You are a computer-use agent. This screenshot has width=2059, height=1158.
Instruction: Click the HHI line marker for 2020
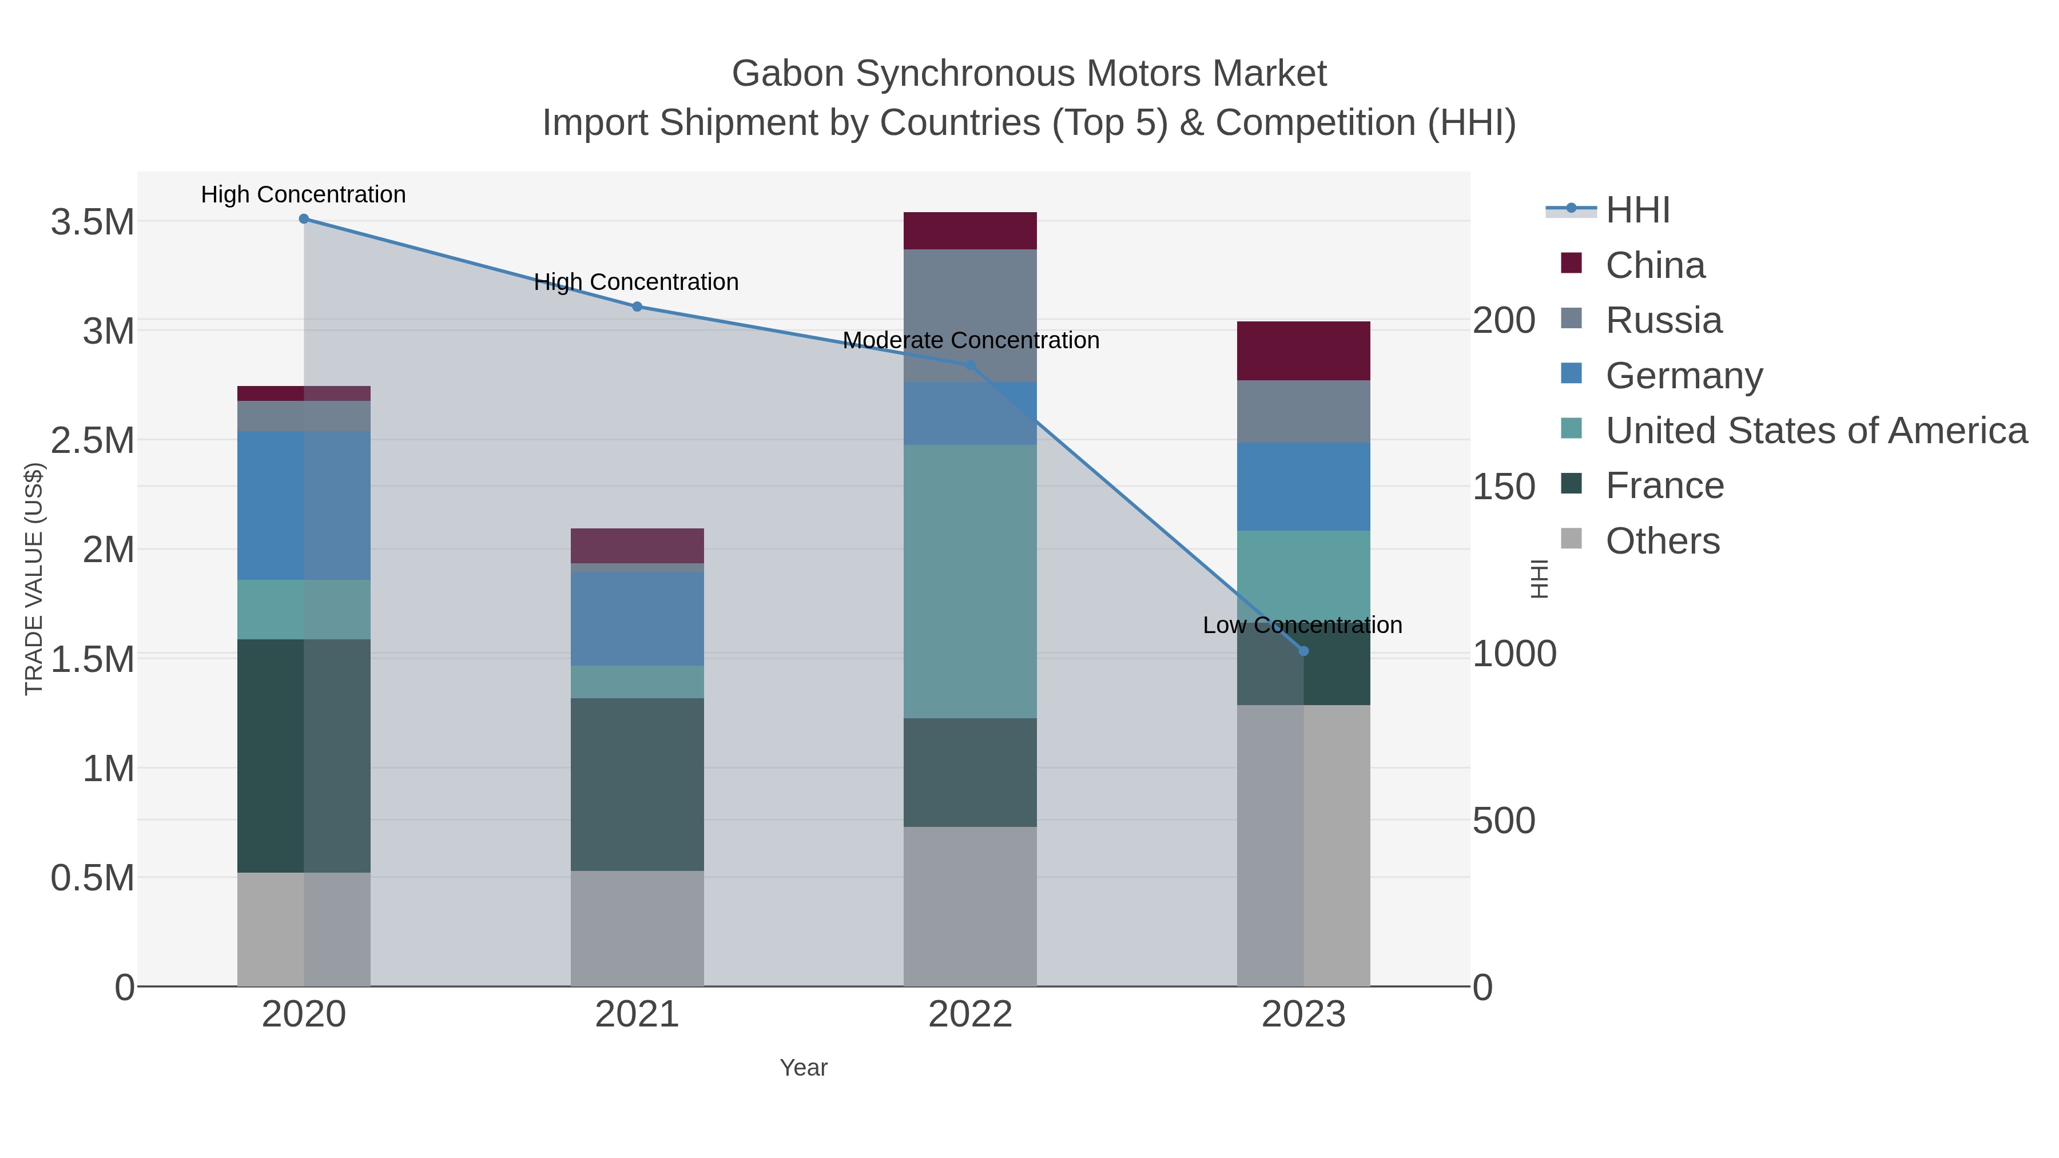[x=304, y=219]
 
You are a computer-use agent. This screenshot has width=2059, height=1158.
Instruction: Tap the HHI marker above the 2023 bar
[x=1303, y=651]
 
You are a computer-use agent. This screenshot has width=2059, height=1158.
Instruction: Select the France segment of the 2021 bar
[x=637, y=784]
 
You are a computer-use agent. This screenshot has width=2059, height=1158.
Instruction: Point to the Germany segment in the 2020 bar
[x=304, y=505]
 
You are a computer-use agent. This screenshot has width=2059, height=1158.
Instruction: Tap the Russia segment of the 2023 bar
[x=1303, y=412]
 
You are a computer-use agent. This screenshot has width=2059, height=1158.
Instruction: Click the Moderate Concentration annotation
[x=971, y=340]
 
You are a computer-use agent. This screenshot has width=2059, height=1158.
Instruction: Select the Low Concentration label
[x=1302, y=625]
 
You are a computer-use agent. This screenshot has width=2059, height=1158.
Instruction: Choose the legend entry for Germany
[x=1683, y=376]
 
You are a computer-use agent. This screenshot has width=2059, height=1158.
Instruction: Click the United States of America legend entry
[x=1816, y=431]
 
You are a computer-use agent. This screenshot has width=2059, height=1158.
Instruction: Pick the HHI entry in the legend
[x=1637, y=210]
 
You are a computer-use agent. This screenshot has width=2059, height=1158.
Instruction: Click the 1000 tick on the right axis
[x=1514, y=654]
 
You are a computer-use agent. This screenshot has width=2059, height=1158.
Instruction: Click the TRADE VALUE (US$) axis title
[x=34, y=579]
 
